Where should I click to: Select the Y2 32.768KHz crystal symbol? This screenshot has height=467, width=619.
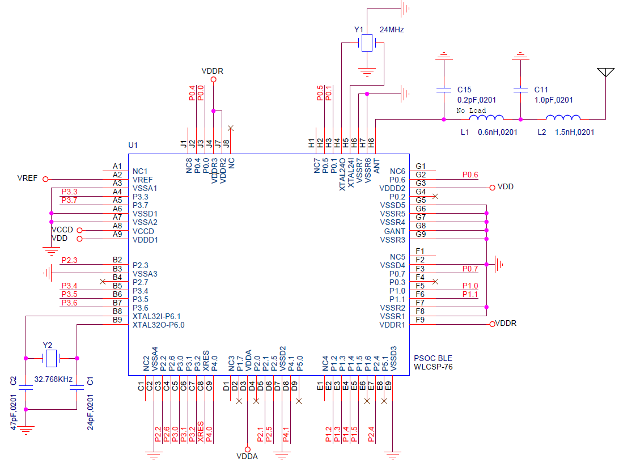click(x=51, y=358)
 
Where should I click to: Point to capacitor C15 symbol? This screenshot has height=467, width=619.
click(x=443, y=90)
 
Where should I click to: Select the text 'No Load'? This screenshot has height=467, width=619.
click(x=471, y=111)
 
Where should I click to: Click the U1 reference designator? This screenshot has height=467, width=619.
click(x=133, y=146)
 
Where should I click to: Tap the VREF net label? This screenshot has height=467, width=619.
click(x=27, y=178)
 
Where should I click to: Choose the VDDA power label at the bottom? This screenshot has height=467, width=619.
click(x=247, y=456)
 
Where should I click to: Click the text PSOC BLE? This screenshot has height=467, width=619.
click(x=433, y=359)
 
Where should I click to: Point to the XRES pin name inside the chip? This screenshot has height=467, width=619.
click(x=205, y=362)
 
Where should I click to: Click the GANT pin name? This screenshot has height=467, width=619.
click(x=395, y=231)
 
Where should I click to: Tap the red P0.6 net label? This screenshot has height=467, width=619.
click(x=470, y=175)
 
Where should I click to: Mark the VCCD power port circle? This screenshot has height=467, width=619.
click(x=79, y=230)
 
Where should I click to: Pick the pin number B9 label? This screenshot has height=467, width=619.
click(x=117, y=320)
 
